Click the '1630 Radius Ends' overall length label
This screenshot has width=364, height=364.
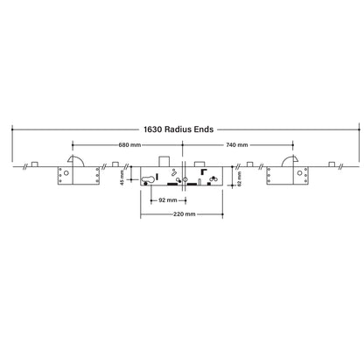tap(182, 129)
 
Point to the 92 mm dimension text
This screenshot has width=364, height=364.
tap(164, 199)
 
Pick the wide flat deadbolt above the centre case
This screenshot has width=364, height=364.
tap(198, 162)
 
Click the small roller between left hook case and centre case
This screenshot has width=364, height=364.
tap(116, 164)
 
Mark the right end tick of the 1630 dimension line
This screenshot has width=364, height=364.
tap(354, 129)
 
